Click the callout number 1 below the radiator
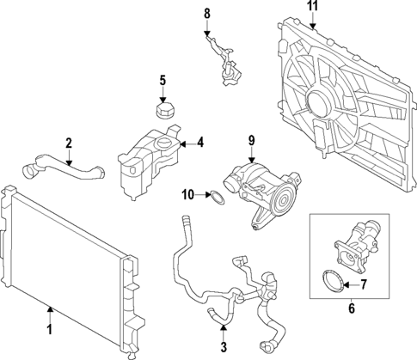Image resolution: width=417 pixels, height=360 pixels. [48, 328]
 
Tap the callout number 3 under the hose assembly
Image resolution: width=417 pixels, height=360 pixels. [224, 347]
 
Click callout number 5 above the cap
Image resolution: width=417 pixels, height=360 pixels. [161, 82]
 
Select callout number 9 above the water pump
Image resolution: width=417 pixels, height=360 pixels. [252, 140]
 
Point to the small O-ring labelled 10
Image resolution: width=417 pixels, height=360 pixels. [218, 199]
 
